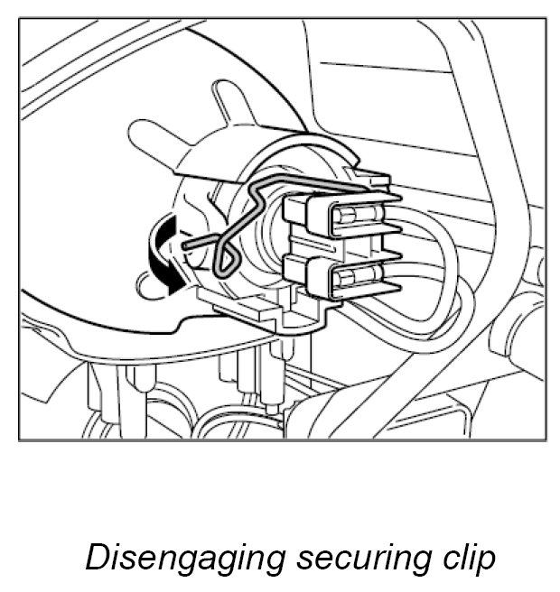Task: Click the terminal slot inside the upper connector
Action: tap(356, 217)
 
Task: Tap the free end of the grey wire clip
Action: tap(187, 243)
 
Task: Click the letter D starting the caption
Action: tap(96, 557)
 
